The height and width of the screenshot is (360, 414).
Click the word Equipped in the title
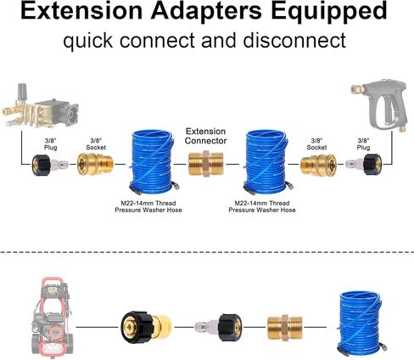[x=329, y=11]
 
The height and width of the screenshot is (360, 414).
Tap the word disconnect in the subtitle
[x=294, y=40]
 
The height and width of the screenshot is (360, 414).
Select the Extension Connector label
[x=205, y=136]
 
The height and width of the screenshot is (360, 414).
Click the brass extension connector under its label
[x=206, y=164]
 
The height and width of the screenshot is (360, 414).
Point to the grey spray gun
[x=380, y=104]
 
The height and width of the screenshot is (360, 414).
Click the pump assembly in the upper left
[x=40, y=106]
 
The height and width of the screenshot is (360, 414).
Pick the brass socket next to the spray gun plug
[x=318, y=164]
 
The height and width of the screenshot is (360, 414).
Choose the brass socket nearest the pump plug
[x=95, y=164]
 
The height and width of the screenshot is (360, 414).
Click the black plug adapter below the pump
[x=50, y=165]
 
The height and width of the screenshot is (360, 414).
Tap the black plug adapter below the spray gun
[x=364, y=164]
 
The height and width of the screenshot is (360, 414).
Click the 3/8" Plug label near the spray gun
[x=363, y=143]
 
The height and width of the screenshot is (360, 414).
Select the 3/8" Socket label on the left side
[x=96, y=143]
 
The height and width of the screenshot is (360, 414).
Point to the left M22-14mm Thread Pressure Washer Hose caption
[x=148, y=206]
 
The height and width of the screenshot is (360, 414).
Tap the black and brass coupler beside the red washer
[x=146, y=328]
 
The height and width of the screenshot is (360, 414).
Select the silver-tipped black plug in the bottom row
[x=218, y=327]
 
